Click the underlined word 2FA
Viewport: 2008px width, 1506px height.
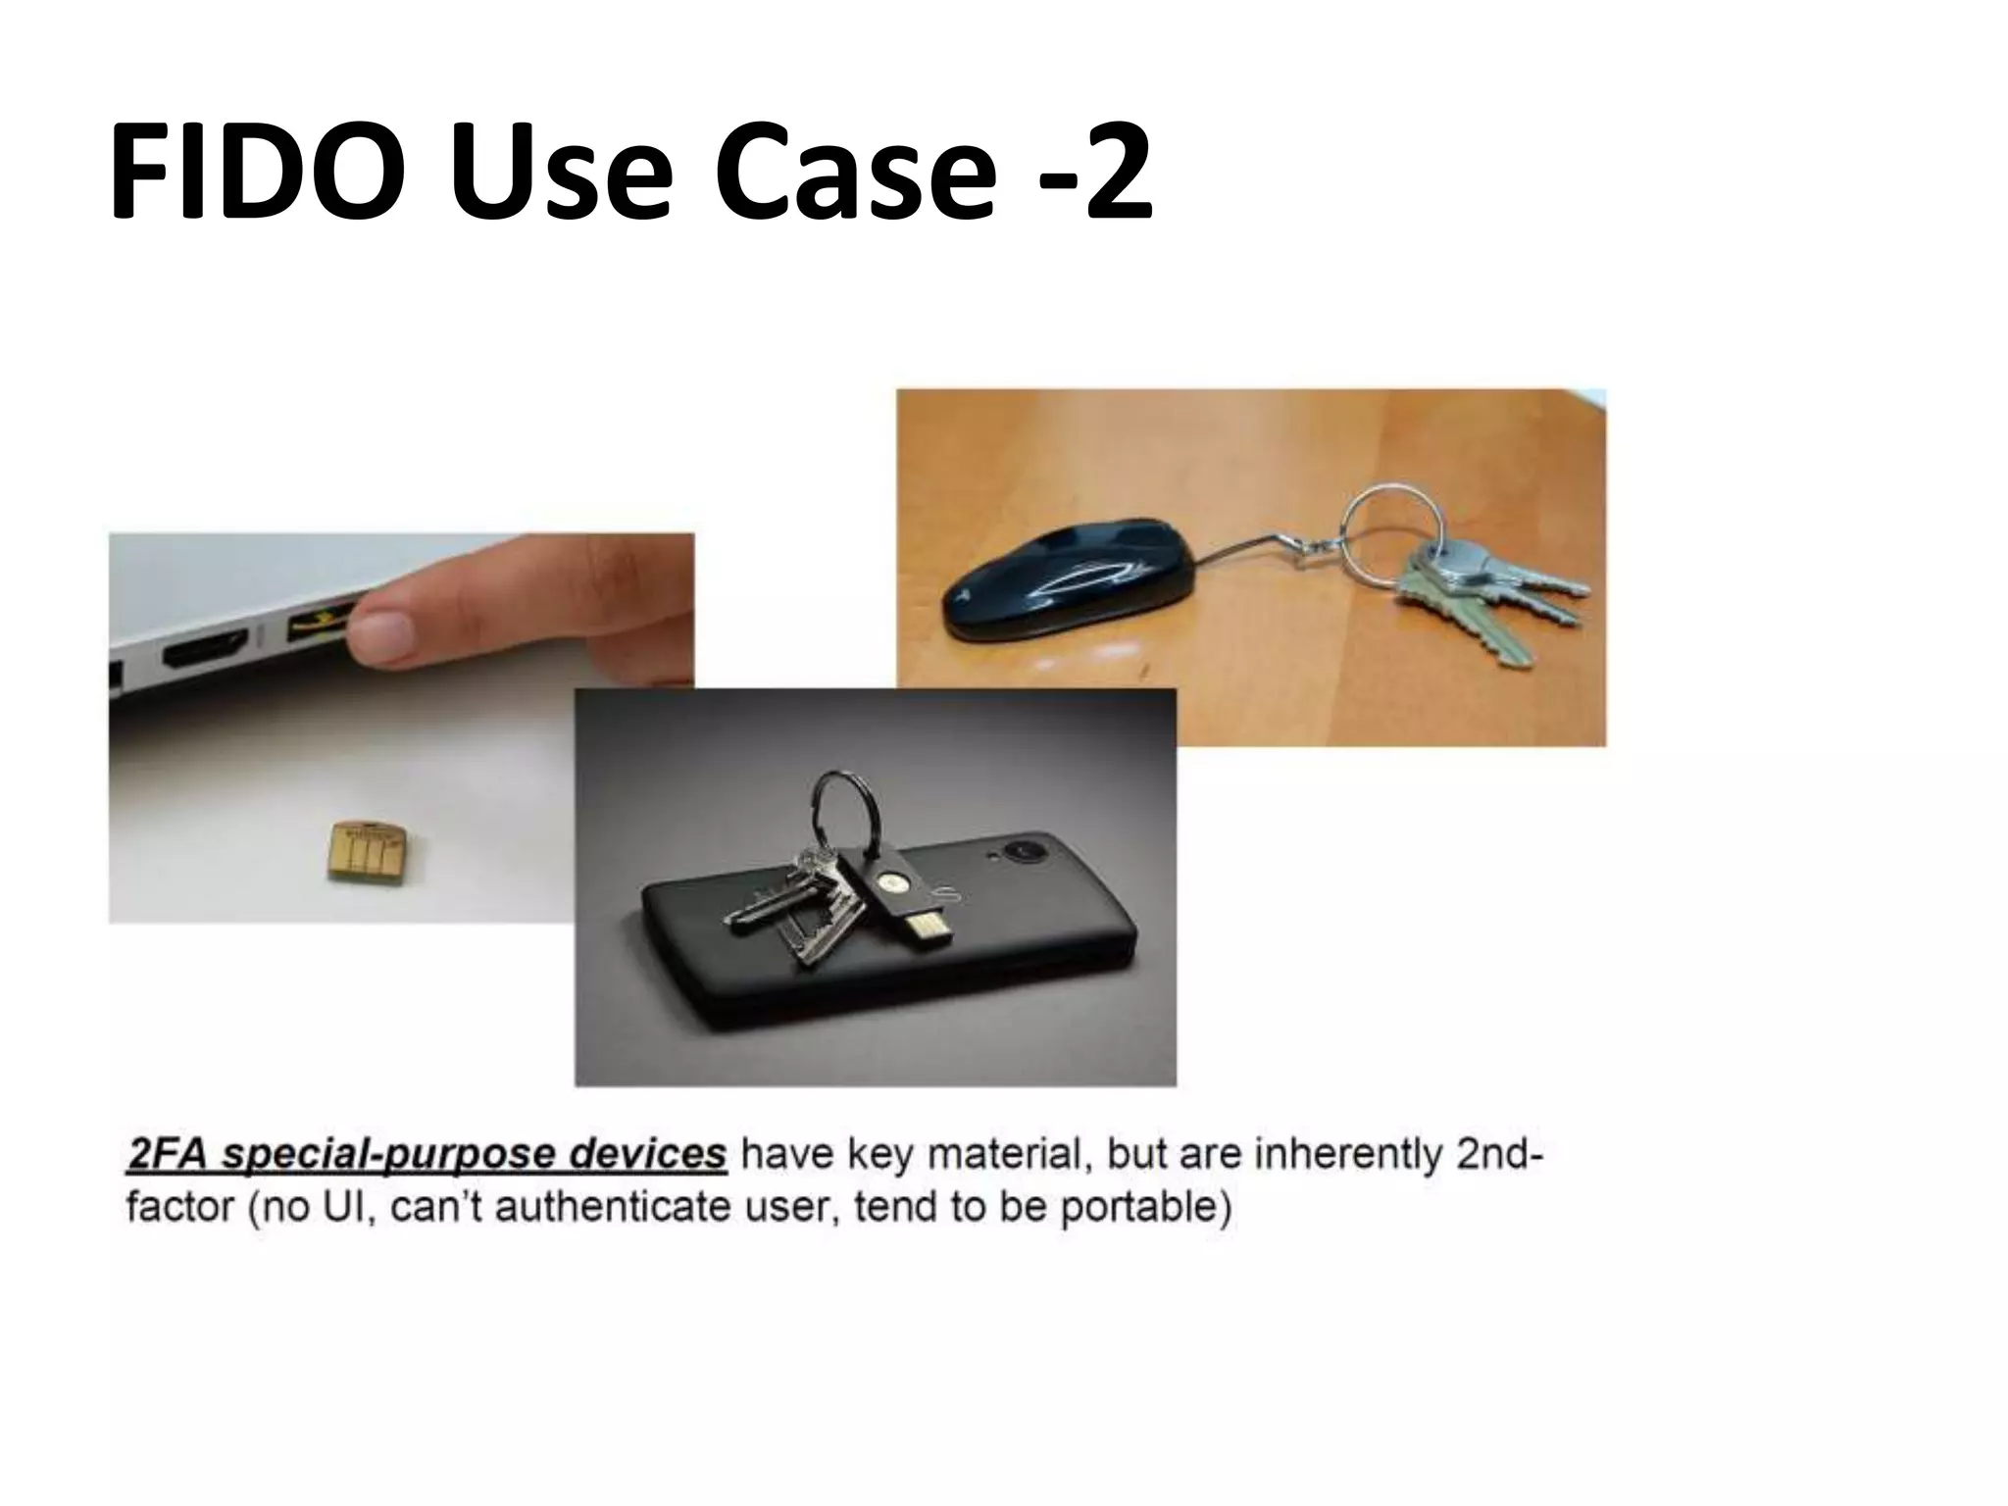coord(168,1154)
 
